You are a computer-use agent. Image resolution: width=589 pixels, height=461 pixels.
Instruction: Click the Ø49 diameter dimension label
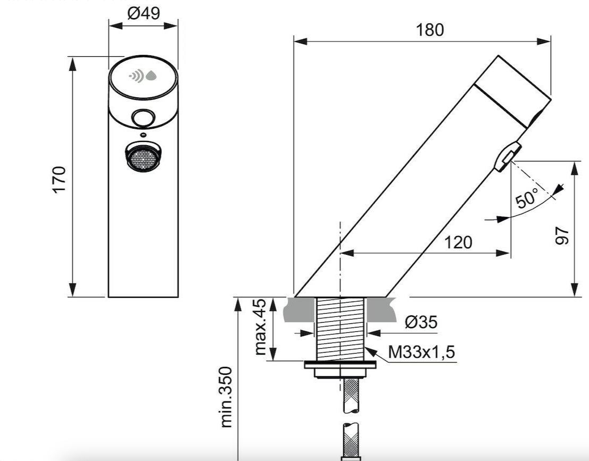tap(144, 13)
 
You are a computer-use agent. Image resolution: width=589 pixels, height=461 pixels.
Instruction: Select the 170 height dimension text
tap(59, 179)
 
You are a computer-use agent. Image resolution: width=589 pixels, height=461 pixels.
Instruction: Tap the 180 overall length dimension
tap(430, 30)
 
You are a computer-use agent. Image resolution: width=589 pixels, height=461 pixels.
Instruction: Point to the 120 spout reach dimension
tap(458, 242)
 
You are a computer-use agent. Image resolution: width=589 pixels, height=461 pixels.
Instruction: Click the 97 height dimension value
tap(562, 236)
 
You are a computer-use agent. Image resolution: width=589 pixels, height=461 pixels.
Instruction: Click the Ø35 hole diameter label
tap(421, 322)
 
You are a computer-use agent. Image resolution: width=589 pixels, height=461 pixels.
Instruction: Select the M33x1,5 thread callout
tap(421, 352)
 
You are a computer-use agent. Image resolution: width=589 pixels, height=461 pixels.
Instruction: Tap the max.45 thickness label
tap(260, 327)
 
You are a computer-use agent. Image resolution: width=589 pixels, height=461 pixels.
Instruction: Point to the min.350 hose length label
tap(227, 397)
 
